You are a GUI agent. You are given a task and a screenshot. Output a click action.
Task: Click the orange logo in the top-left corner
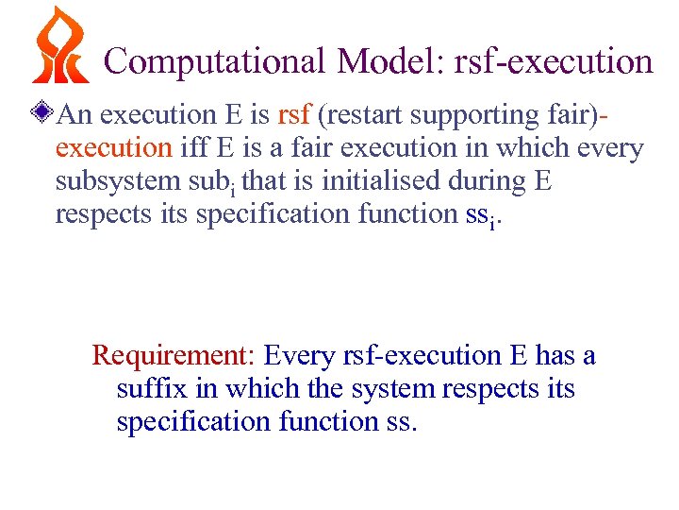tap(59, 45)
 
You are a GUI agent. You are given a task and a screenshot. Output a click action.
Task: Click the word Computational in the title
tap(216, 61)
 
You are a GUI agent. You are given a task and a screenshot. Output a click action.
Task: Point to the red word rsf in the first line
tap(295, 115)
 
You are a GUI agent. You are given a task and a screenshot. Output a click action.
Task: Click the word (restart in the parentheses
tap(361, 115)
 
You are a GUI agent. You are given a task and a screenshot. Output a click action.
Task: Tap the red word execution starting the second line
tap(114, 148)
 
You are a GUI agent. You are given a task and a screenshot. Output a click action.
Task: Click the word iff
tap(194, 148)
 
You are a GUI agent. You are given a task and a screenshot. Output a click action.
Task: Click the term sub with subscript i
tap(210, 182)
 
